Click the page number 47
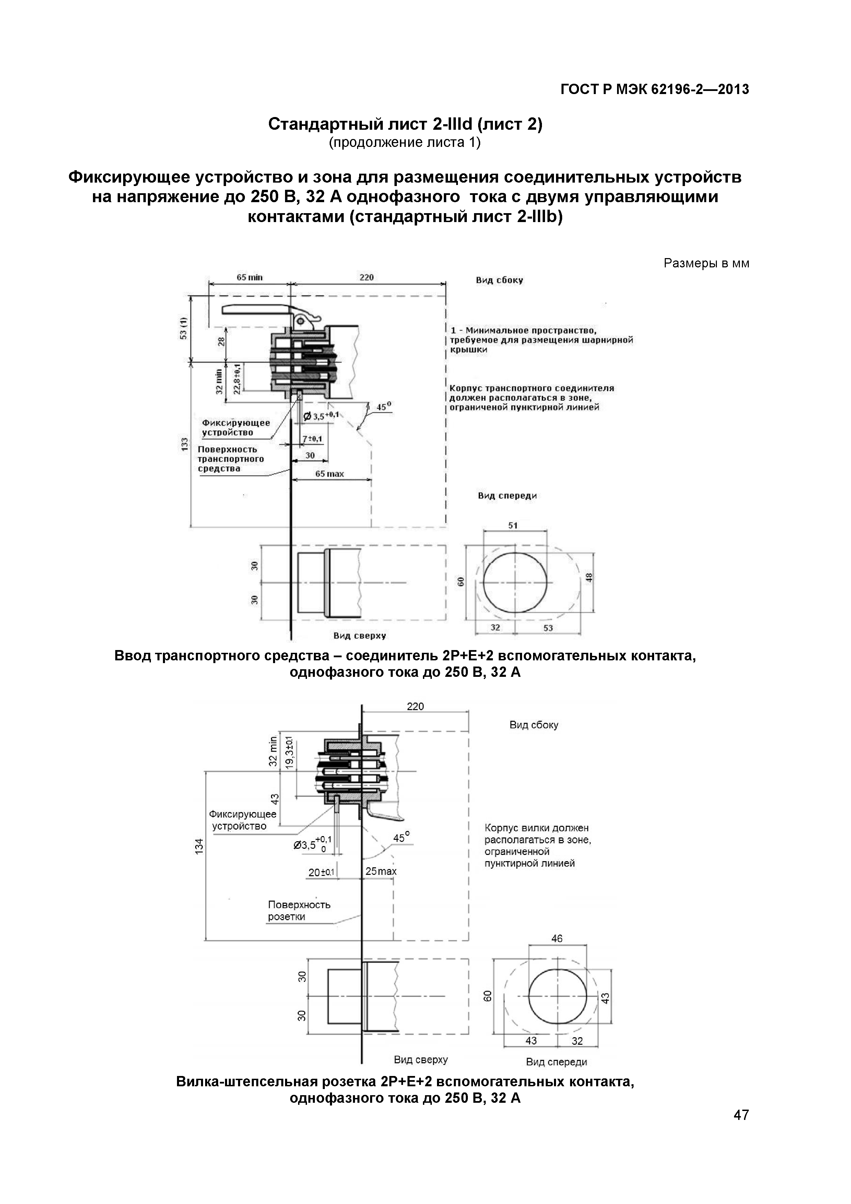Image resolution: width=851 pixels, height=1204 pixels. pyautogui.click(x=741, y=1129)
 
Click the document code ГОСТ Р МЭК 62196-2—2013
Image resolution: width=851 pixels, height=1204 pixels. pyautogui.click(x=654, y=90)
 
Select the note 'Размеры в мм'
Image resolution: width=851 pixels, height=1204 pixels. pyautogui.click(x=706, y=263)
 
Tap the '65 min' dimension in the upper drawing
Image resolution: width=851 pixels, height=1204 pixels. pyautogui.click(x=249, y=277)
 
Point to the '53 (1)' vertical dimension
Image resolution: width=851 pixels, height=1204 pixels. pyautogui.click(x=184, y=328)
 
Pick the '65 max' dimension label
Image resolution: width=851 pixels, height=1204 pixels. pyautogui.click(x=330, y=474)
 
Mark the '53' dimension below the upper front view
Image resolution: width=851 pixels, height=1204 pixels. pyautogui.click(x=548, y=628)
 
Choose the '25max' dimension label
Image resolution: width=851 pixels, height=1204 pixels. pyautogui.click(x=381, y=871)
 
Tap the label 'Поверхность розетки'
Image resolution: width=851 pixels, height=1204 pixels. pyautogui.click(x=299, y=910)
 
